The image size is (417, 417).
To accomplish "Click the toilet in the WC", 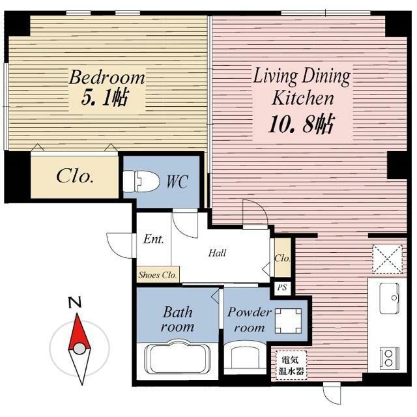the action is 141,182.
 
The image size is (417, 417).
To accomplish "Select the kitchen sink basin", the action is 390,298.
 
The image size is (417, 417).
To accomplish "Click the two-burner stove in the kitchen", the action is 390,358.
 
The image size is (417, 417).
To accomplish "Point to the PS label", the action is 282,287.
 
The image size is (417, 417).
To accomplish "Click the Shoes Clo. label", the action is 158,275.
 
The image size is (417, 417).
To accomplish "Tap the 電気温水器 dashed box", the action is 291,365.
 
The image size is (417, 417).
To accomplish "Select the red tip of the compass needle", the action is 78,314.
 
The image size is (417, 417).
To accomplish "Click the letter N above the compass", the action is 75,302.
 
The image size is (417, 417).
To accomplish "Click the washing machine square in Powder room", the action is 288,321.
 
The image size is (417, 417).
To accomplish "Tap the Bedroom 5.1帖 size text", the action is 105,98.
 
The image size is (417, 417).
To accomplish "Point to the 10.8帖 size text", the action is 301,124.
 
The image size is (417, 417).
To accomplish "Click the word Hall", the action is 217,253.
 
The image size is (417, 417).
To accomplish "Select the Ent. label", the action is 154,239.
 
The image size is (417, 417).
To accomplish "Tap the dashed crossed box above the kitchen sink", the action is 387,259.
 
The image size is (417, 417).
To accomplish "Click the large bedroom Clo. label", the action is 75,176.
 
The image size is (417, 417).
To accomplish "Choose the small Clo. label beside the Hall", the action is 282,258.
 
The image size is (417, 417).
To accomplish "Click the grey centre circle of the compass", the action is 79,349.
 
